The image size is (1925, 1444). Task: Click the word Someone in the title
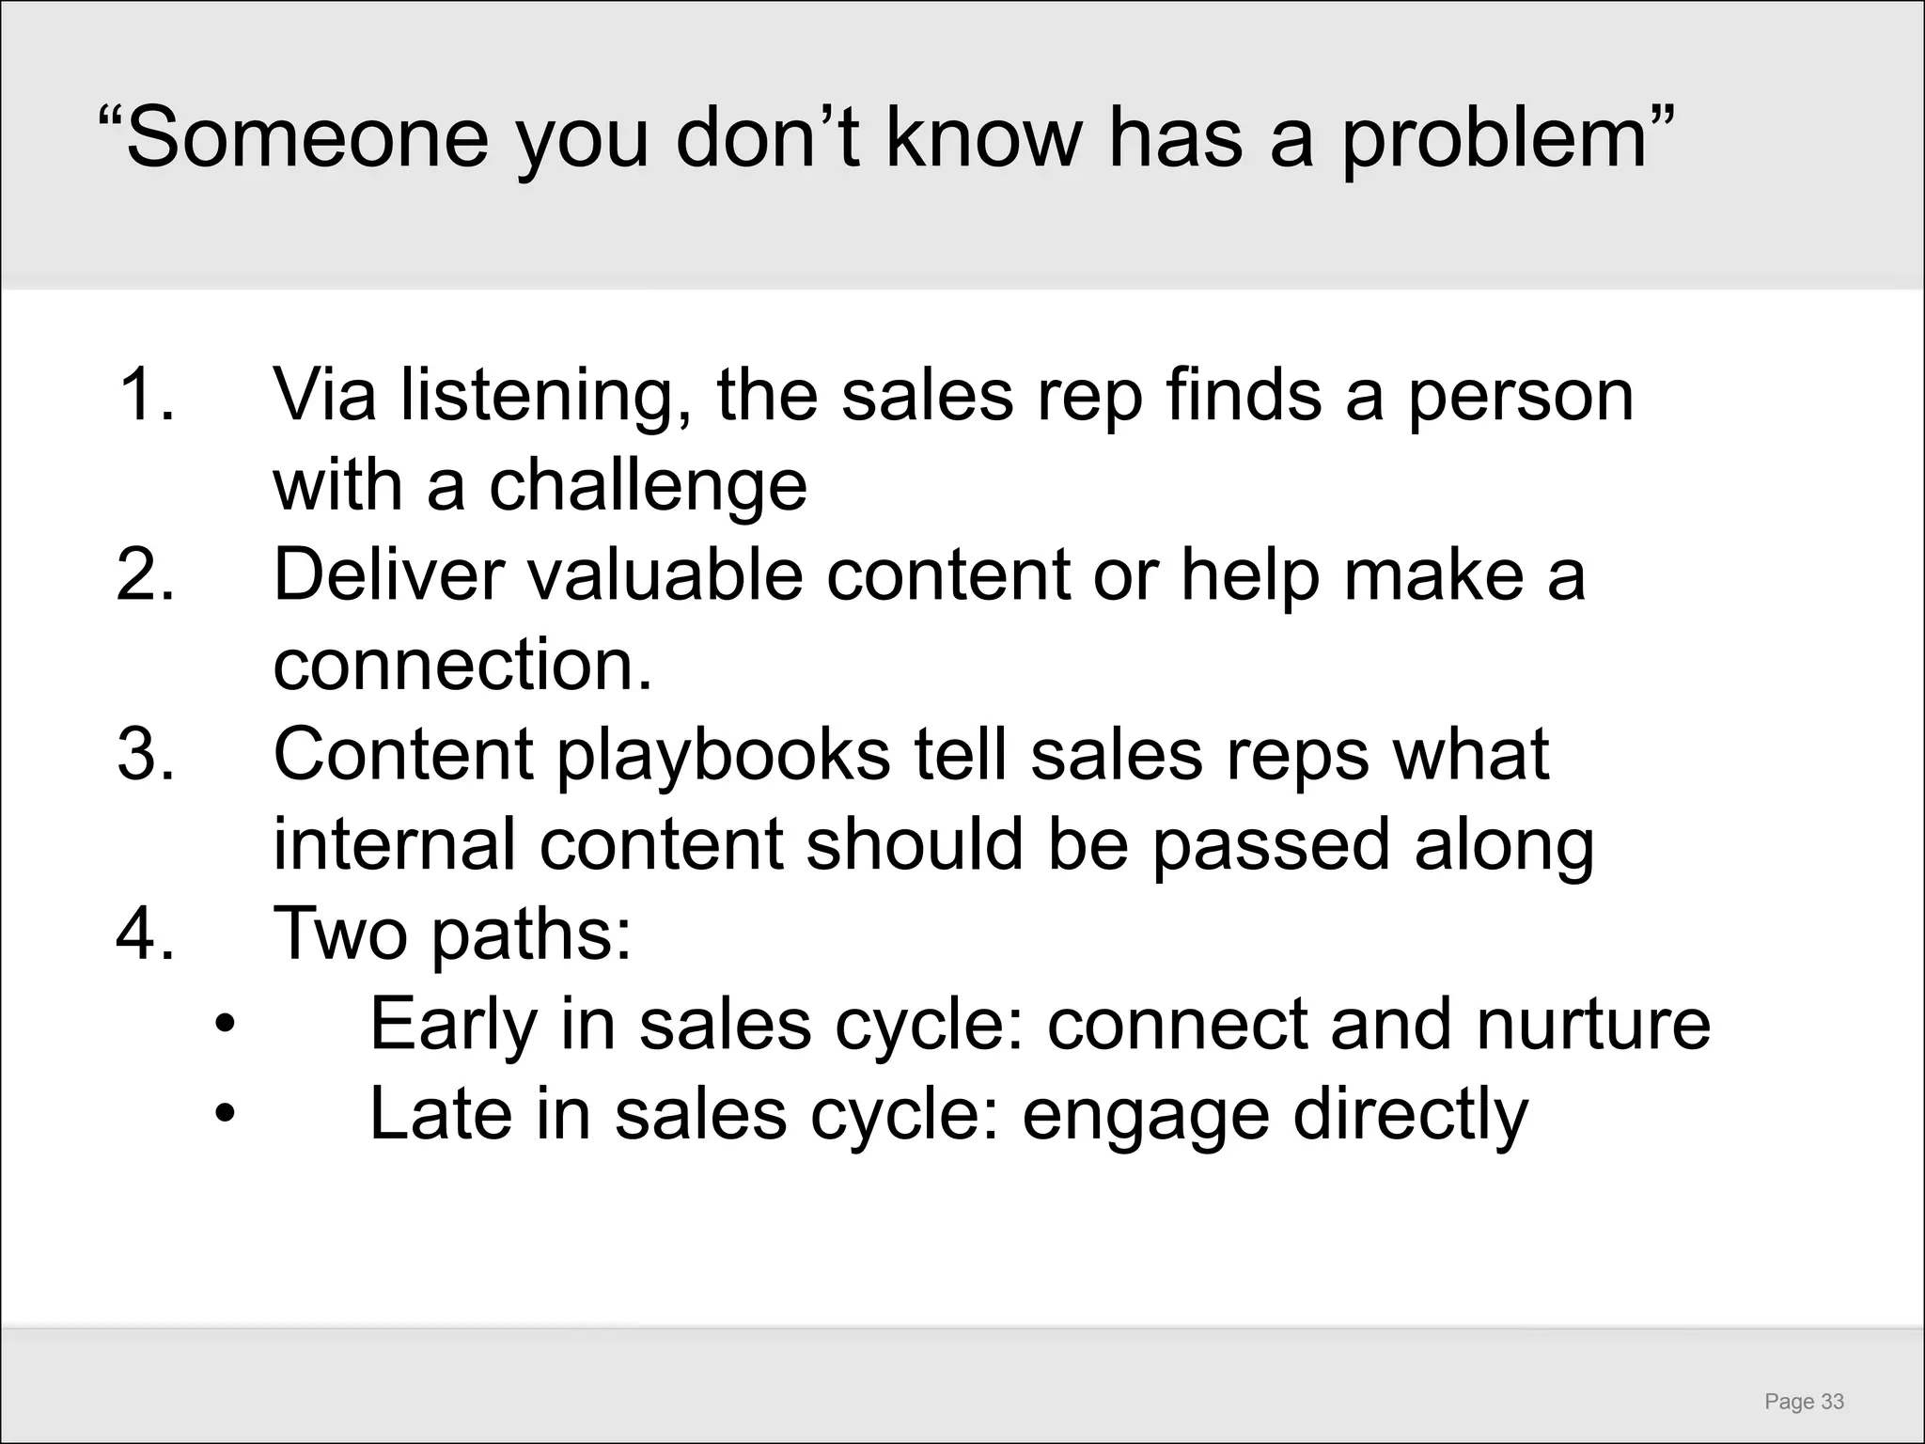[x=306, y=139]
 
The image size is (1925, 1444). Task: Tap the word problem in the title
[x=1494, y=139]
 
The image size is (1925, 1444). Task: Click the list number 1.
[x=146, y=395]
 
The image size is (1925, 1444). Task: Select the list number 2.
[x=146, y=574]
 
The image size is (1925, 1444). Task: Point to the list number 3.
[x=146, y=754]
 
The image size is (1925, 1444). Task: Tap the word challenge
[x=648, y=487]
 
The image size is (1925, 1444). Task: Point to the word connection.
[x=461, y=665]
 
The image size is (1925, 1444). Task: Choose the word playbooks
[x=724, y=756]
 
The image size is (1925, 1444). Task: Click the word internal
[x=394, y=843]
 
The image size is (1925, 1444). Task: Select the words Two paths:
[x=452, y=934]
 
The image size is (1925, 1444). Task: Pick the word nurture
[x=1593, y=1024]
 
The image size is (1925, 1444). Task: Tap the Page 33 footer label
[x=1804, y=1402]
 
